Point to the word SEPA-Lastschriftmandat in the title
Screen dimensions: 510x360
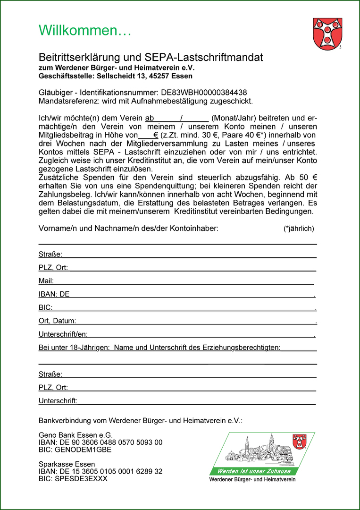coord(210,58)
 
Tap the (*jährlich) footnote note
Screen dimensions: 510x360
coord(299,229)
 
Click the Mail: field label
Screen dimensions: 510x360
coord(46,281)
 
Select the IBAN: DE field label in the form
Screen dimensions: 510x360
coord(54,294)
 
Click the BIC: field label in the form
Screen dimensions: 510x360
coord(45,307)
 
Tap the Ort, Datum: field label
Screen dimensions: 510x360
coord(57,321)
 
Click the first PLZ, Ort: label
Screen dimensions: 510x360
coord(53,268)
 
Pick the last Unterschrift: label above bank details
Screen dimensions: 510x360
coord(58,401)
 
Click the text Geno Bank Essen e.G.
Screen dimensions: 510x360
coord(76,435)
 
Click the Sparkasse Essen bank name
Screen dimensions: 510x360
coord(67,464)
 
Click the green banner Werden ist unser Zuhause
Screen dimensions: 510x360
coord(254,471)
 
